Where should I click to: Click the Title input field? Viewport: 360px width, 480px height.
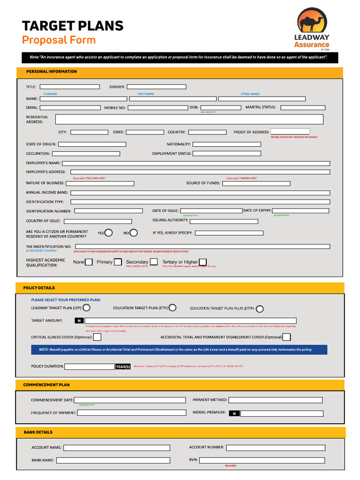70,87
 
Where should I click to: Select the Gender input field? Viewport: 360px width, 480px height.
157,87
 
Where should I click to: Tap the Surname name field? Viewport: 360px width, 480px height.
84,99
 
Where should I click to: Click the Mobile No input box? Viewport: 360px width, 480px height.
157,108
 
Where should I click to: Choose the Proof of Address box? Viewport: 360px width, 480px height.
290,132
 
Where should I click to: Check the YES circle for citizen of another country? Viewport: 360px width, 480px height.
109,232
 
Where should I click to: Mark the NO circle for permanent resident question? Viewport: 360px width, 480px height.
134,232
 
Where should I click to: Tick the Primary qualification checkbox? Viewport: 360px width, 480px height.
118,262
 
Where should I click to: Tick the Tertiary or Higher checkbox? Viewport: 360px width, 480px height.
202,262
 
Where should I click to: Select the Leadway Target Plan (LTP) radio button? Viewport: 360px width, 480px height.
87,308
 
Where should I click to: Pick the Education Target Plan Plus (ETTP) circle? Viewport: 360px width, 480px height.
260,308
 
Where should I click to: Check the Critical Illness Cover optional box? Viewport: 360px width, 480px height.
97,337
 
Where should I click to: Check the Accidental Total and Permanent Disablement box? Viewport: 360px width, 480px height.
286,337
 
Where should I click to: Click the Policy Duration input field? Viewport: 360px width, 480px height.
90,367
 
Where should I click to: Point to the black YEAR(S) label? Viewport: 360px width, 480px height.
123,367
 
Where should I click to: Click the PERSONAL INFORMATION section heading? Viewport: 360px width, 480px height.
52,72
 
